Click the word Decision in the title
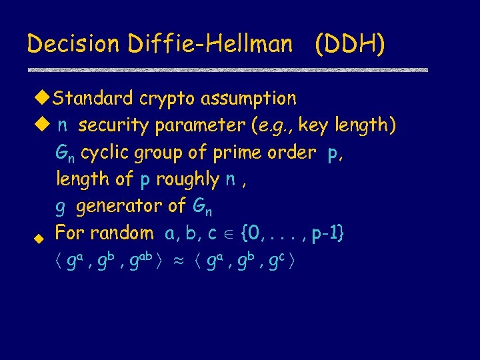coord(63,44)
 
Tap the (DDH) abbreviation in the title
coord(350,44)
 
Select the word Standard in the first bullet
coord(94,99)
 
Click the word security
coord(113,126)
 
